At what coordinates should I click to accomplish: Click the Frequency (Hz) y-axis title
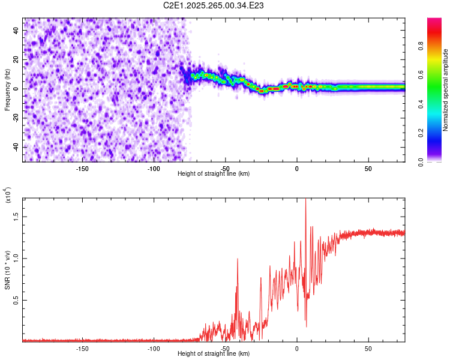point(7,90)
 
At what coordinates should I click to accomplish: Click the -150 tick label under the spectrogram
point(82,168)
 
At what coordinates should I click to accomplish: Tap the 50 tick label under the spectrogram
point(368,168)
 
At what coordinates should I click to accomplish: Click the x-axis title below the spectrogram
point(214,174)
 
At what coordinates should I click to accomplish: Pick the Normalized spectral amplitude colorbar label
point(446,90)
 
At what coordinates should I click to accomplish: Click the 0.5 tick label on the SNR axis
point(15,300)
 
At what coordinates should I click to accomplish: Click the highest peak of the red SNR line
point(306,200)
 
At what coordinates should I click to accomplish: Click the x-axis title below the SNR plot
point(214,354)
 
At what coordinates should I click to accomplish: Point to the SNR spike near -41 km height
point(238,259)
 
